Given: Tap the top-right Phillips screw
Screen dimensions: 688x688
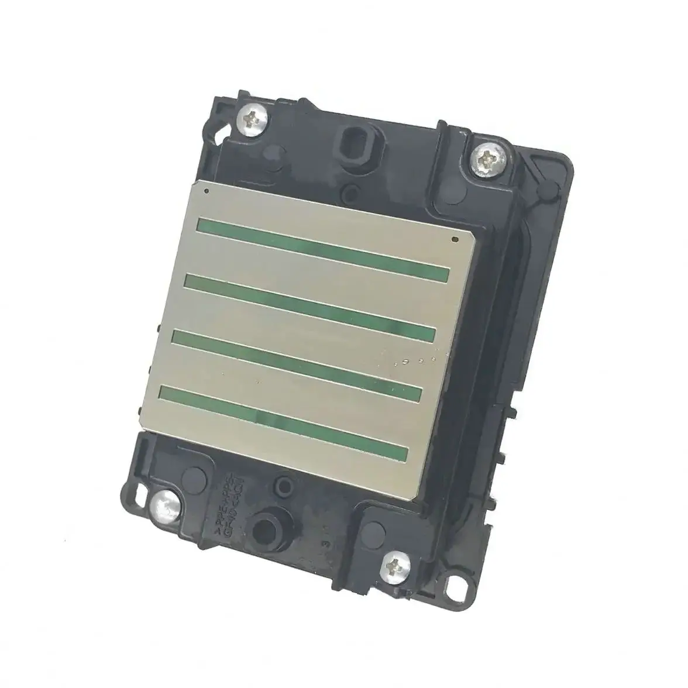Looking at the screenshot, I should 486,157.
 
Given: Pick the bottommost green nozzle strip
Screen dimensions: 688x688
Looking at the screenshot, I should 284,419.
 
